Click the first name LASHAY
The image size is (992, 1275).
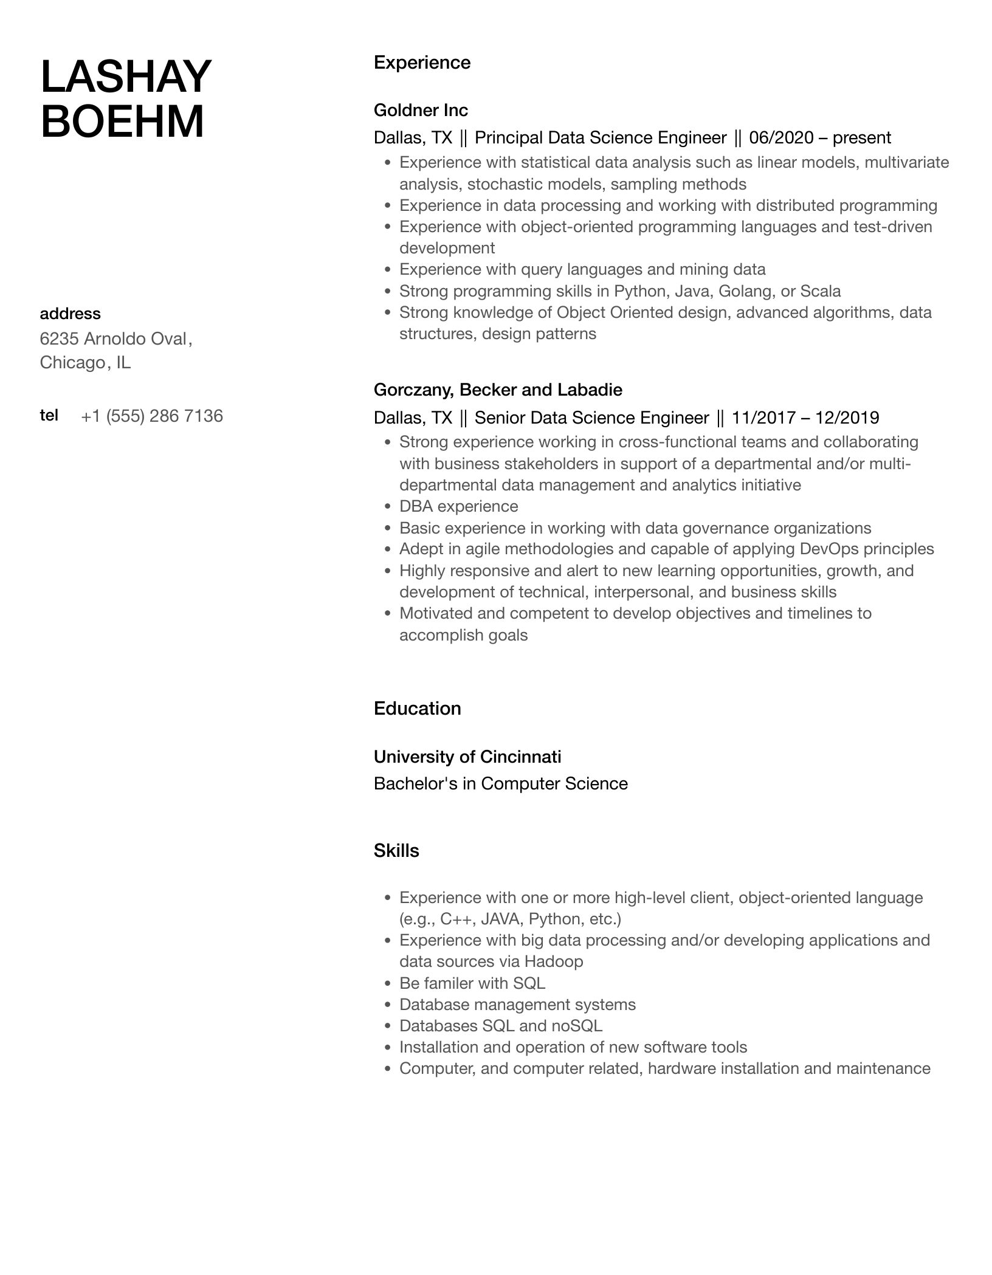click(x=126, y=77)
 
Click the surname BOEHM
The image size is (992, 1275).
click(x=122, y=122)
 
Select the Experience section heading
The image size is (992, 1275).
click(x=422, y=63)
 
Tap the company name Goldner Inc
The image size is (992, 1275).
click(x=421, y=110)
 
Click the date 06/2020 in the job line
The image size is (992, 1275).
click(x=781, y=138)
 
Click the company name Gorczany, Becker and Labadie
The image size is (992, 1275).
click(x=498, y=390)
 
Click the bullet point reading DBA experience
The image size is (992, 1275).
click(x=458, y=506)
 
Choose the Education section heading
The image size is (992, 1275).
click(x=417, y=709)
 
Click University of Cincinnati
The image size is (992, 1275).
click(x=467, y=757)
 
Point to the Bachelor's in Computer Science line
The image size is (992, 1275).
click(x=500, y=783)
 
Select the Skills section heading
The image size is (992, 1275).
click(x=396, y=851)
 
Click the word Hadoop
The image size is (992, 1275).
click(x=553, y=961)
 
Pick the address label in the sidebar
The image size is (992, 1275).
click(x=70, y=314)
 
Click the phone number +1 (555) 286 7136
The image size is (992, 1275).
click(x=151, y=416)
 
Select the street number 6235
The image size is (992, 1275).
click(x=59, y=339)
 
